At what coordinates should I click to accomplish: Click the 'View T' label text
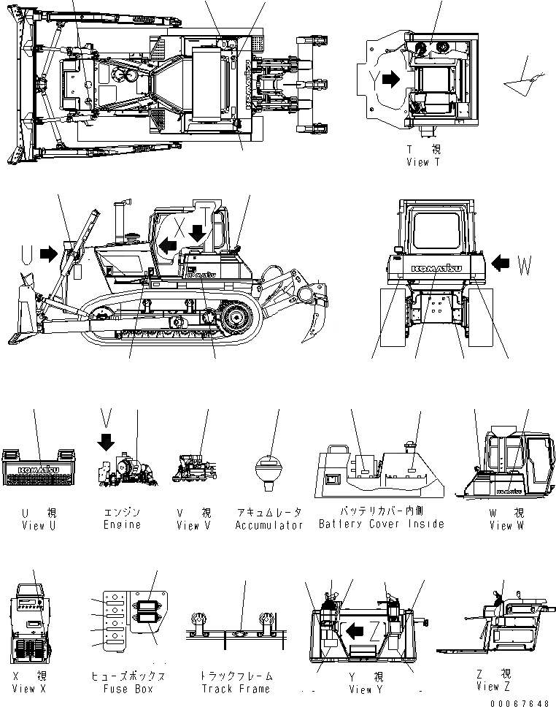coord(423,162)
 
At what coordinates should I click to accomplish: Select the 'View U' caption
coord(34,525)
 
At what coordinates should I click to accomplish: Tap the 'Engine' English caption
coord(122,525)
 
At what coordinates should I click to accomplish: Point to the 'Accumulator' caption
coord(269,525)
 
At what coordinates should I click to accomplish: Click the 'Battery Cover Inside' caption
coord(381,524)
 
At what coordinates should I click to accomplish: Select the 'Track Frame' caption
coord(235,689)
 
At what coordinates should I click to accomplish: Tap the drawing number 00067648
coord(520,702)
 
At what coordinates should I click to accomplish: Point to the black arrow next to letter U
coord(50,253)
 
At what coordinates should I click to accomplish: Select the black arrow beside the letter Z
coord(355,629)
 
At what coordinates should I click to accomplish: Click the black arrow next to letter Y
coord(391,80)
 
